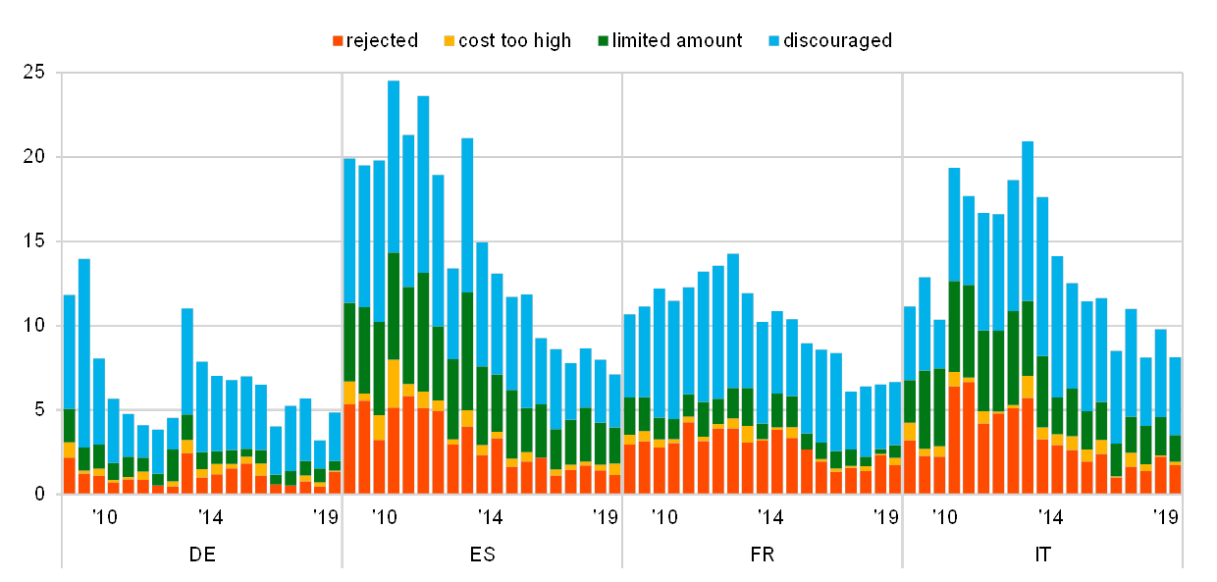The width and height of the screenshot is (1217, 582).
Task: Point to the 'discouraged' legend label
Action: [844, 41]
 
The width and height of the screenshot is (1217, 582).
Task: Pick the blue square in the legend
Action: [773, 41]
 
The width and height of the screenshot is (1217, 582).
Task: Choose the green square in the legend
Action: [603, 41]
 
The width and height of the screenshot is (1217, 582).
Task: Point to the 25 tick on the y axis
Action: [35, 73]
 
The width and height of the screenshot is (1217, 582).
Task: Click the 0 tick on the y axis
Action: [39, 494]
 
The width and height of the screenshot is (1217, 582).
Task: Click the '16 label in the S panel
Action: [384, 516]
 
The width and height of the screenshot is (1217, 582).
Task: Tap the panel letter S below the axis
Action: [488, 555]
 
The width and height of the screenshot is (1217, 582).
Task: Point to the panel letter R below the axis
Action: [769, 555]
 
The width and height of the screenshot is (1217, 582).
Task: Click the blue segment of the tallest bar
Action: [394, 167]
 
